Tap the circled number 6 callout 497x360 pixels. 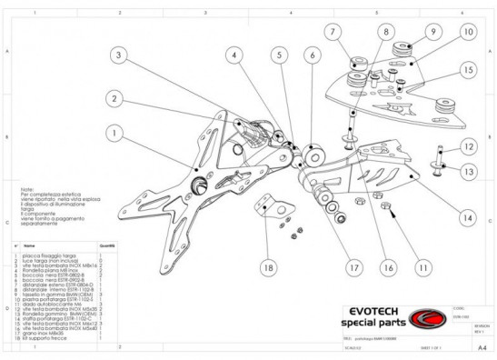(312, 56)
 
